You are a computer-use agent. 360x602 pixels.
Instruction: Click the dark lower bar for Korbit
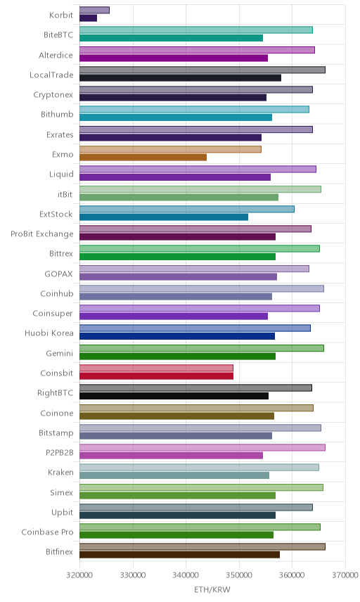tap(89, 18)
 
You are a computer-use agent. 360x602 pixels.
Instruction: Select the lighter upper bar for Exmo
tap(170, 149)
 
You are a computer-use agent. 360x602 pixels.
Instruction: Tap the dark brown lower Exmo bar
tap(143, 158)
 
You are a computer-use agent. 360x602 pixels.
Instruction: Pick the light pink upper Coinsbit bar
tap(157, 368)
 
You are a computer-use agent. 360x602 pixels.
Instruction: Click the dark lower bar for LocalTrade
tap(181, 78)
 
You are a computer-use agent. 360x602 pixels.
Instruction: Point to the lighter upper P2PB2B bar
tap(202, 447)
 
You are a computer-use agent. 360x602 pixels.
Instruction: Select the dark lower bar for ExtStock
tap(164, 217)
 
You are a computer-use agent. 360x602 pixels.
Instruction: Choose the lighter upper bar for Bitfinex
tap(202, 546)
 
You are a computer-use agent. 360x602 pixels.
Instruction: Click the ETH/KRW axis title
tap(212, 590)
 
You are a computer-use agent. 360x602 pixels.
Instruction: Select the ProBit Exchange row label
tap(41, 233)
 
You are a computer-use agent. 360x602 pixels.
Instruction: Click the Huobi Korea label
tap(49, 333)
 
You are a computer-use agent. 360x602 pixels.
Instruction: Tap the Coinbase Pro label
tap(47, 532)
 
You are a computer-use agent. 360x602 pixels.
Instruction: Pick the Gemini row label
tap(60, 353)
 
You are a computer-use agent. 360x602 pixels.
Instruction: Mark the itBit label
tap(65, 194)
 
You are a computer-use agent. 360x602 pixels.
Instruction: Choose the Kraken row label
tap(60, 472)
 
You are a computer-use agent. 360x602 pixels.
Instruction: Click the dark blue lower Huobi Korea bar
tap(177, 336)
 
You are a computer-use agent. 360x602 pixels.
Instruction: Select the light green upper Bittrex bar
tap(200, 248)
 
